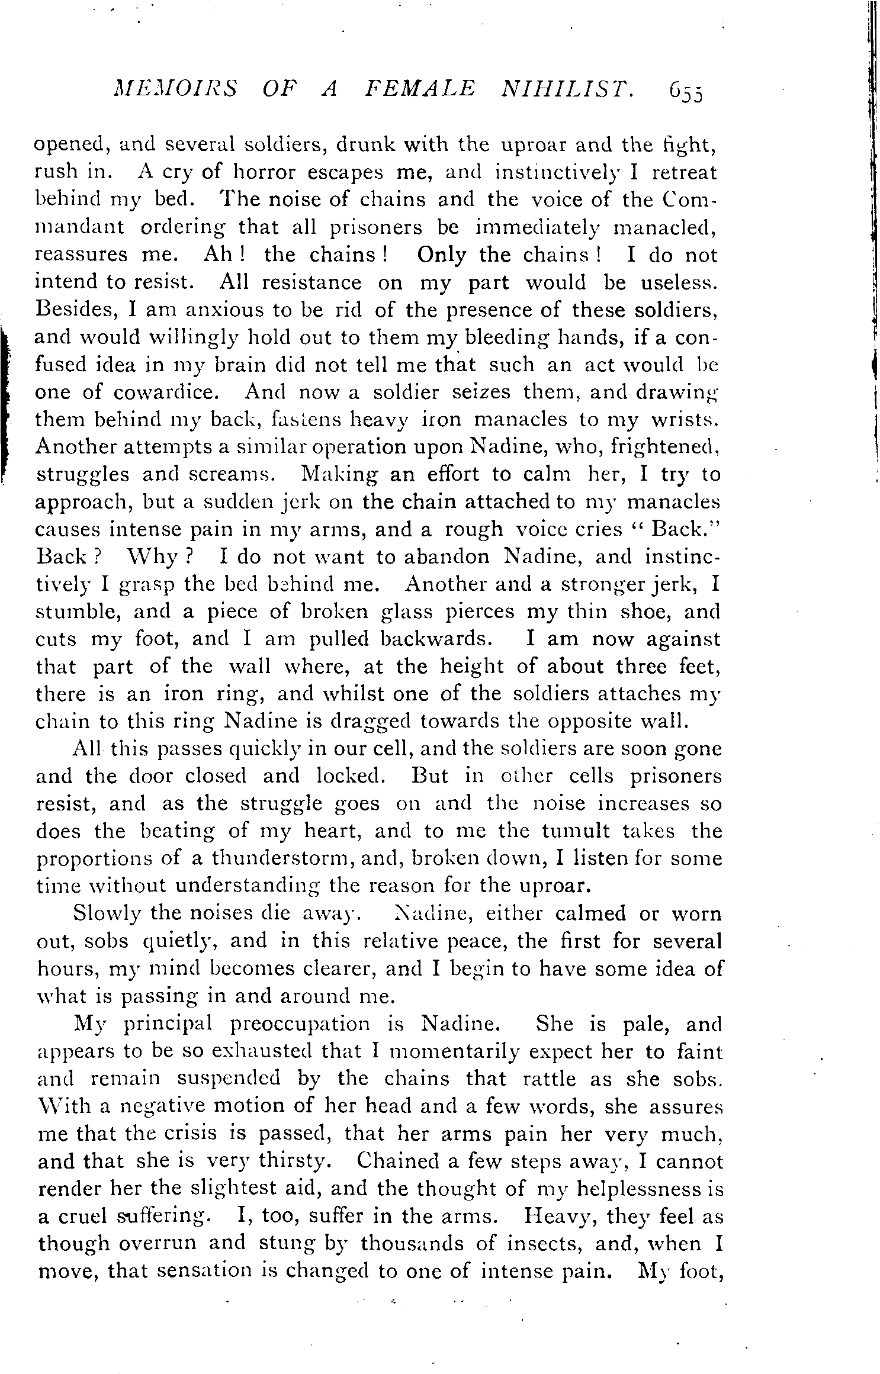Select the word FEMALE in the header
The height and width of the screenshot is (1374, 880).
click(420, 91)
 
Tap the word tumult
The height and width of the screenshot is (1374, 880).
click(576, 831)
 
